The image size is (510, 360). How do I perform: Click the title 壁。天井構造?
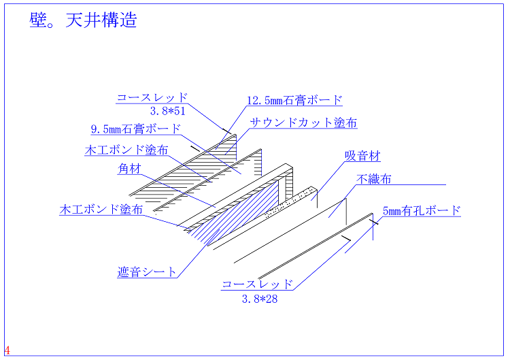(83, 20)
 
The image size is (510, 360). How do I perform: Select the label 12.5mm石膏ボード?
(294, 101)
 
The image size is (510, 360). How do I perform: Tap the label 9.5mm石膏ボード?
(136, 129)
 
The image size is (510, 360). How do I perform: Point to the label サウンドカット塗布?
(303, 123)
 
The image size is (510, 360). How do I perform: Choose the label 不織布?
(374, 180)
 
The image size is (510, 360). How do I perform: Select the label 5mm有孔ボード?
(422, 211)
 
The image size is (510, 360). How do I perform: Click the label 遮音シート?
(147, 272)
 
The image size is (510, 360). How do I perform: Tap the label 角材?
(129, 169)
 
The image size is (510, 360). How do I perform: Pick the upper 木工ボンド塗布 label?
(126, 150)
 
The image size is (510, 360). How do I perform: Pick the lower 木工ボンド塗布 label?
(101, 210)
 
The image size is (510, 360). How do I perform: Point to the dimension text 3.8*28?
(259, 298)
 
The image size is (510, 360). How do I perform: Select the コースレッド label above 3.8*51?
(152, 98)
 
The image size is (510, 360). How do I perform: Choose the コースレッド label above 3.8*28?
(258, 284)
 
